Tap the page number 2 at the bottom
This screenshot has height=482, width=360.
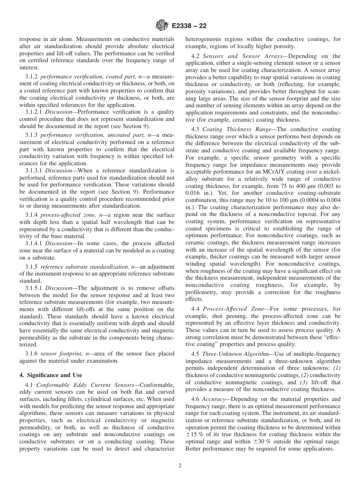coord(180,466)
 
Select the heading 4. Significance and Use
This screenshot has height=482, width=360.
coord(50,375)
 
